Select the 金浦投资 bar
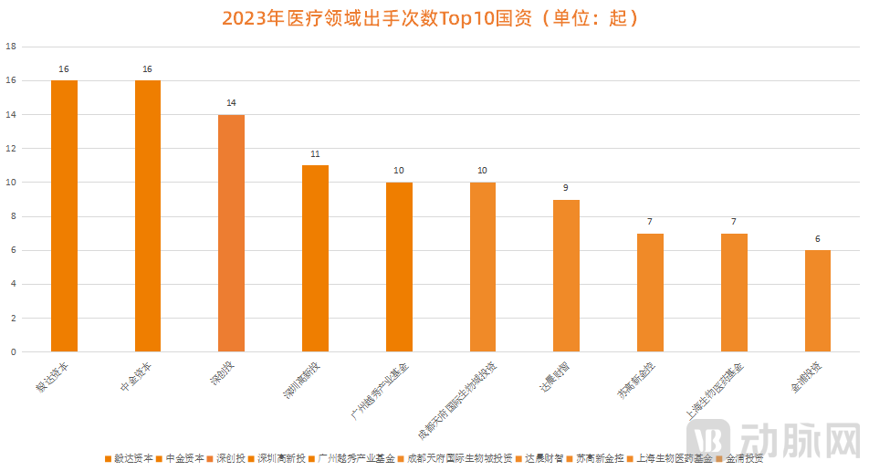coord(818,301)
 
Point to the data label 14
coord(232,103)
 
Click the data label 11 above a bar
coord(315,154)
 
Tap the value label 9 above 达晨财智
coord(566,188)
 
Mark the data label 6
coord(818,239)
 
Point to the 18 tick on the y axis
coord(11,47)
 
